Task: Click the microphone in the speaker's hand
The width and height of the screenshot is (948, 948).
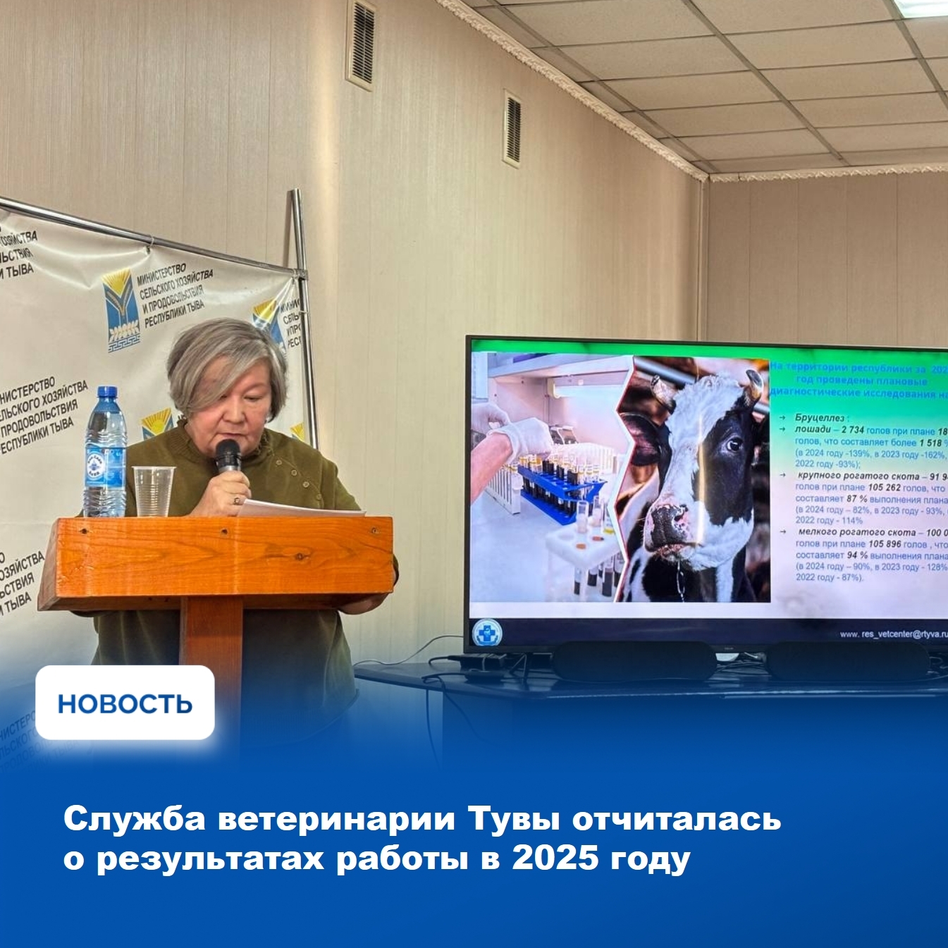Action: (228, 454)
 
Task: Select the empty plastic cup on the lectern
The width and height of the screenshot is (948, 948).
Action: (153, 491)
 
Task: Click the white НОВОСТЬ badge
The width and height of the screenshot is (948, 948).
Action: (125, 703)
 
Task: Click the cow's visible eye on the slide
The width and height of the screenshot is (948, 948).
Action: (734, 445)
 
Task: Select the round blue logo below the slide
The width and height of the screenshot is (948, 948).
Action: (486, 632)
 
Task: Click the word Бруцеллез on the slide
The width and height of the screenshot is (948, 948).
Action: (819, 418)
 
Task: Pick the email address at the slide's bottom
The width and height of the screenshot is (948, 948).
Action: (893, 634)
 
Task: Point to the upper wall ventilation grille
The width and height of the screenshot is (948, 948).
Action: (362, 44)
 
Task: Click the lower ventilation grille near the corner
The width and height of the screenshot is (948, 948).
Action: (512, 129)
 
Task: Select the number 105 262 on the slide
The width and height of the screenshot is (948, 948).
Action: (884, 488)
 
